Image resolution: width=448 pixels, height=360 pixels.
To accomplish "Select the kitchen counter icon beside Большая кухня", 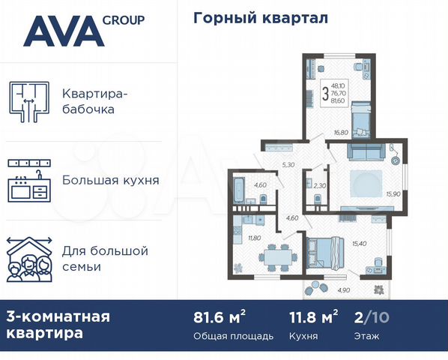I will click(x=28, y=181).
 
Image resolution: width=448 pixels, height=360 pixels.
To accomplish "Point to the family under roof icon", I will click(x=28, y=259).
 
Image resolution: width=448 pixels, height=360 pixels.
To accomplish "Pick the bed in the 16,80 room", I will click(x=360, y=118).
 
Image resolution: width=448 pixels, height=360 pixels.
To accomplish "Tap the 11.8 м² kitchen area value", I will click(x=314, y=317).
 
